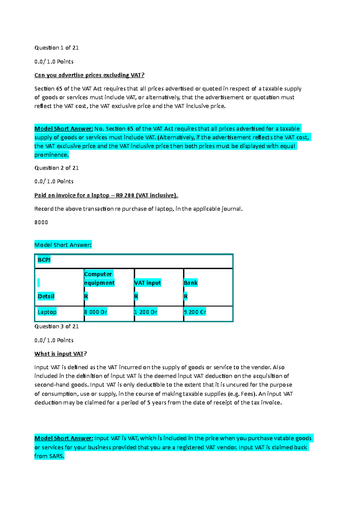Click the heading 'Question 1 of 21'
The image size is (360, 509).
pos(56,48)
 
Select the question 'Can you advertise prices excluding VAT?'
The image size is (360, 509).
pos(89,75)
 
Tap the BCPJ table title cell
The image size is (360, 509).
pos(44,260)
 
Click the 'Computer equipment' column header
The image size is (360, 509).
pos(99,278)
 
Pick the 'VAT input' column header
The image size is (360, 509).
pos(147,283)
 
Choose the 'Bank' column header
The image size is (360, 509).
pos(190,283)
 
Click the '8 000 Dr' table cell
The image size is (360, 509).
pos(96,312)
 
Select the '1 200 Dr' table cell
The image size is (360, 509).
pos(145,312)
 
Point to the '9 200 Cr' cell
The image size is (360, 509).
pos(195,312)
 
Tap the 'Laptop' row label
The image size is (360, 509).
pos(47,312)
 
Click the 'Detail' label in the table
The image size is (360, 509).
pos(46,296)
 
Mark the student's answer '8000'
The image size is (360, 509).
pos(41,222)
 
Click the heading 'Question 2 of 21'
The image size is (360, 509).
pos(56,168)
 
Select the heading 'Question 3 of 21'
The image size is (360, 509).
pos(56,326)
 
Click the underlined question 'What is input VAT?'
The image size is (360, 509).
pos(60,354)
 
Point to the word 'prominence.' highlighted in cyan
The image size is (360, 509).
pos(51,155)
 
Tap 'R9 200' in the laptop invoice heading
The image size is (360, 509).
pos(125,195)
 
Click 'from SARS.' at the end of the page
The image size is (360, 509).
pos(49,456)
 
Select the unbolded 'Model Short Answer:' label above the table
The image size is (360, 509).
pos(63,245)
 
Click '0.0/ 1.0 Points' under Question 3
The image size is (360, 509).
pos(54,340)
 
